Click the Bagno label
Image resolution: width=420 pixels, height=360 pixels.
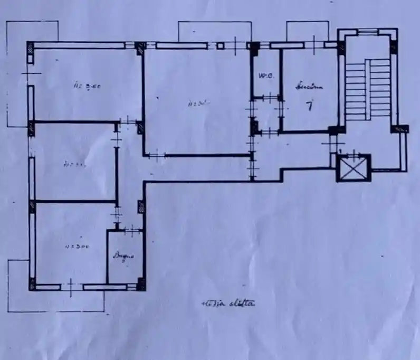(x=123, y=257)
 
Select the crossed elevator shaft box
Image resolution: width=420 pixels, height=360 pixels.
(x=354, y=168)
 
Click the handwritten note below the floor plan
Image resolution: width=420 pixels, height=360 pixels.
(x=229, y=303)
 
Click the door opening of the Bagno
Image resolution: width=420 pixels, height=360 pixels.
(x=132, y=230)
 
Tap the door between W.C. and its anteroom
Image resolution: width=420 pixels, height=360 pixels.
(x=270, y=98)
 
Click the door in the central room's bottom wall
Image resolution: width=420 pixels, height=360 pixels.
(x=157, y=155)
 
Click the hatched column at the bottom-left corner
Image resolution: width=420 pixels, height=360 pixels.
(x=32, y=286)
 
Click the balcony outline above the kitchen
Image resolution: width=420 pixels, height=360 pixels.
(x=308, y=29)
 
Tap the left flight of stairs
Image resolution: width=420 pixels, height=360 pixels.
(x=355, y=87)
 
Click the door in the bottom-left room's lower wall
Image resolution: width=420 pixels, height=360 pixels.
(x=72, y=287)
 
